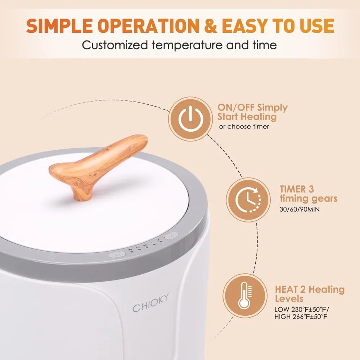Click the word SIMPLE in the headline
pos(59,26)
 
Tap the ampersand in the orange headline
pos(210,26)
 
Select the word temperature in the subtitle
pos(187,45)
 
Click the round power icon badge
pos(190,119)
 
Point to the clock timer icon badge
pos(248,200)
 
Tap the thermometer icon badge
pos(245,296)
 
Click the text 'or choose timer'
pos(244,126)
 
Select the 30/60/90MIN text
pos(300,210)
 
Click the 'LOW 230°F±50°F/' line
pos(302,309)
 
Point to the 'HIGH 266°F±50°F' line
pos(301,316)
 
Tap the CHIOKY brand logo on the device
pos(150,303)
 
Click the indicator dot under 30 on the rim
pos(131,252)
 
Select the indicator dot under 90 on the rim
pos(147,247)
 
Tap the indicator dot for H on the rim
pos(161,242)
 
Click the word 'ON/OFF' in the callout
pos(236,107)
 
